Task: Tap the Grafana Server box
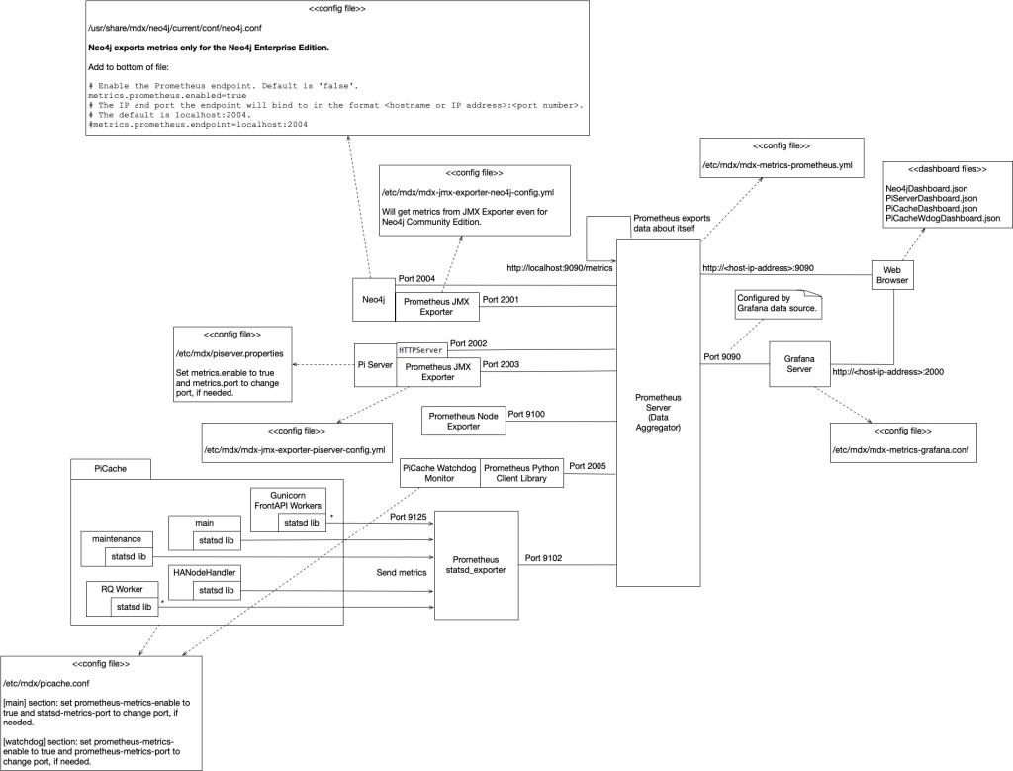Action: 799,363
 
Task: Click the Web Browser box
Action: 891,274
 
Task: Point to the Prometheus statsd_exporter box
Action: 477,564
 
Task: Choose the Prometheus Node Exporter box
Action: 463,421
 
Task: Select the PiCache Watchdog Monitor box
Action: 440,473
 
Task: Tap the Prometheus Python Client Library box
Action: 521,473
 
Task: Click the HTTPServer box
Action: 420,350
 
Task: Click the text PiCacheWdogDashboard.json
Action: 943,218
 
